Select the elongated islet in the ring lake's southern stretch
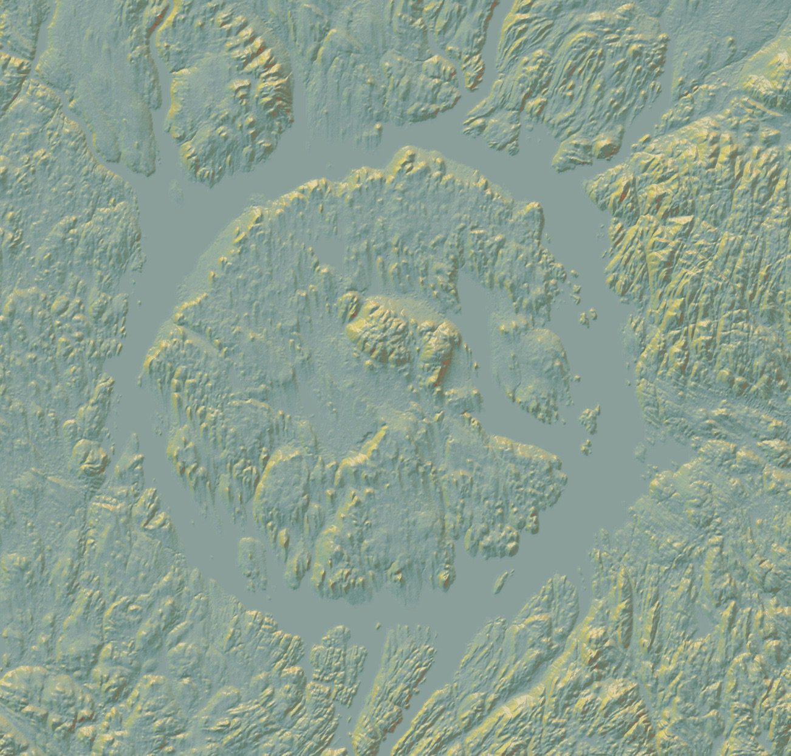click(x=501, y=582)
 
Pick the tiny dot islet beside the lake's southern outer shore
click(x=378, y=625)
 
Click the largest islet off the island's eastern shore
click(x=588, y=419)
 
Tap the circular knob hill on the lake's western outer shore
click(x=89, y=457)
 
